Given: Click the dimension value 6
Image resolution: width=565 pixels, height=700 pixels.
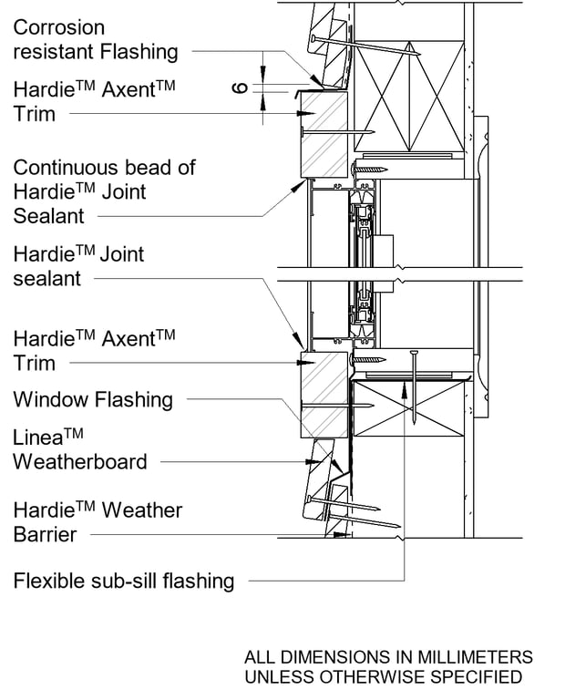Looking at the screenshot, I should coord(240,87).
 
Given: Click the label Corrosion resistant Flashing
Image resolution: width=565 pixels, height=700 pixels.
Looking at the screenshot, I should coord(95,40).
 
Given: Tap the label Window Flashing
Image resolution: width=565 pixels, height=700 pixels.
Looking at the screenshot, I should coord(92,399).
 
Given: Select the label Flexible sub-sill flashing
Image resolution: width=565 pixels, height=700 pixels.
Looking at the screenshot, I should coord(123,581).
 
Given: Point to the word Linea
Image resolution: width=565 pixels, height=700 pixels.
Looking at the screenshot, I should coord(39,437).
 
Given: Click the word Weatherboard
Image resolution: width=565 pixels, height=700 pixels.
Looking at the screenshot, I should coord(79,461).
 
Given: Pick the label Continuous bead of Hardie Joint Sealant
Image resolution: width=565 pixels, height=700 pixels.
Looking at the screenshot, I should coord(104,191).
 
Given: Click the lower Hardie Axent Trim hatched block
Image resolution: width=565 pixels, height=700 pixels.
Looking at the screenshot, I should coord(324,394).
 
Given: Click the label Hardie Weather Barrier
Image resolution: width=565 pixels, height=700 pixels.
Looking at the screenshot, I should coord(98,522).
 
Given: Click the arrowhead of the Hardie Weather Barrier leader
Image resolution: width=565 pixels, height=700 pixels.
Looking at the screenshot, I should coord(345,535).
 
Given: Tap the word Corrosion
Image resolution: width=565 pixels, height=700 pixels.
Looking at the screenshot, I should coord(58,28).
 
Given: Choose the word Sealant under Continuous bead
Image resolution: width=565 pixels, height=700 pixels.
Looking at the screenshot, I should coord(48,216).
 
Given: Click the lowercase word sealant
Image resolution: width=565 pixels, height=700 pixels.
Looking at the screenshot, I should coord(46,279).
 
